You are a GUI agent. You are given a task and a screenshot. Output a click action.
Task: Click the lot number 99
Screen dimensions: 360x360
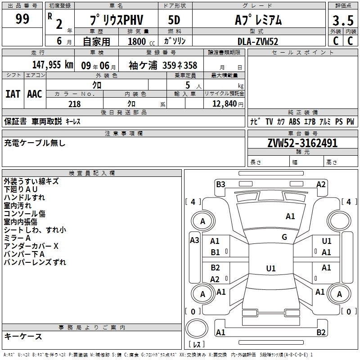coord(22,18)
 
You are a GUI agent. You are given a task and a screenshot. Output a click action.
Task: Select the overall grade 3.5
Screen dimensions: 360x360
coord(343,20)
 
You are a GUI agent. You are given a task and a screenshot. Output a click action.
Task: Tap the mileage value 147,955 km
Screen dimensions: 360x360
coord(53,65)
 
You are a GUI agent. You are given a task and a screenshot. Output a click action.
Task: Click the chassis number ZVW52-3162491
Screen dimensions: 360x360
coord(302,143)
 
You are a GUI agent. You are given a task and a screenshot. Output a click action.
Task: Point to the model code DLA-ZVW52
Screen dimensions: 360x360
coord(257,41)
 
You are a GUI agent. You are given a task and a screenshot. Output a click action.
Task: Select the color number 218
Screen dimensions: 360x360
coord(75,104)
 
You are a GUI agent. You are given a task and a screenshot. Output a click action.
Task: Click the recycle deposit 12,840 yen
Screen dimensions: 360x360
coord(228,104)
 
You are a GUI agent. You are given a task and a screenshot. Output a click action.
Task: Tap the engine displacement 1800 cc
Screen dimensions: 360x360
coord(141,41)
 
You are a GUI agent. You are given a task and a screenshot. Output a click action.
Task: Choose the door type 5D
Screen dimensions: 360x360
coord(174,20)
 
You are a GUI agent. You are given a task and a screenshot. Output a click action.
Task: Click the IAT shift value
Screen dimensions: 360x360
coord(13,94)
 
